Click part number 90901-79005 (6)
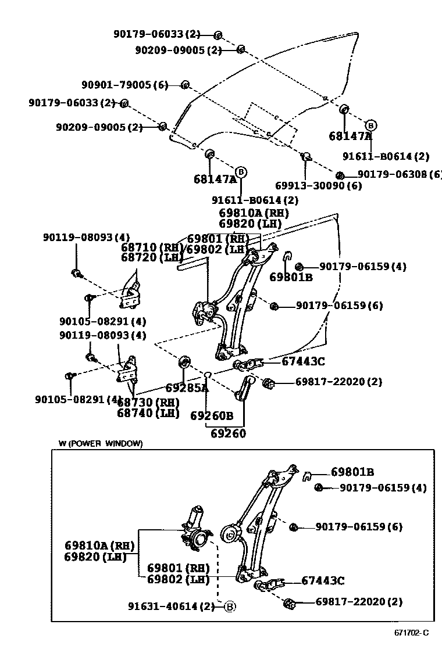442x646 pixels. pos(124,85)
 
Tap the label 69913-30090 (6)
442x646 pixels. pos(318,186)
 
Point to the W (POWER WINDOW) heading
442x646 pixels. pos(100,443)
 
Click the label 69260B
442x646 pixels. pos(212,416)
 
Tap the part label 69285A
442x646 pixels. pos(186,388)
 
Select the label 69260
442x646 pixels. pos(228,433)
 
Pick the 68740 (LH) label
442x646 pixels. pos(148,413)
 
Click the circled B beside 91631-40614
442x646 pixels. pos(230,607)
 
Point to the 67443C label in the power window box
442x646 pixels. pos(323,581)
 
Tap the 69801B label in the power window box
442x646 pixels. pos(352,472)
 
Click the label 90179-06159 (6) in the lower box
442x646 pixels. pos(359,527)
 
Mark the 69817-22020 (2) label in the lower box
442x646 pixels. pos(358,602)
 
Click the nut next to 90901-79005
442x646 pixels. pos(186,86)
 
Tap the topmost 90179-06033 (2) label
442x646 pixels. pos(156,34)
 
